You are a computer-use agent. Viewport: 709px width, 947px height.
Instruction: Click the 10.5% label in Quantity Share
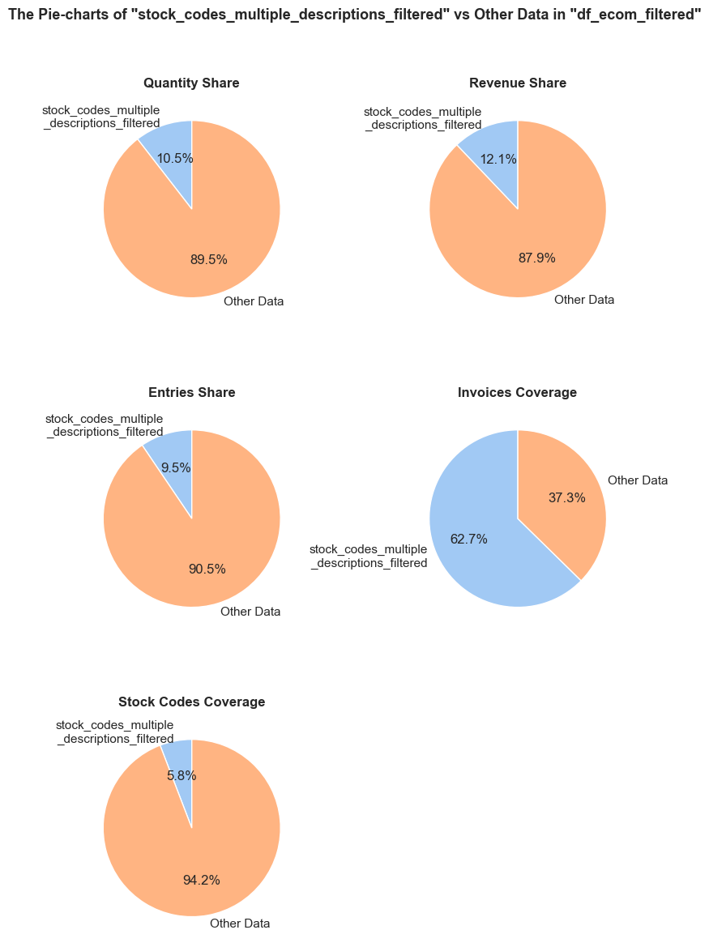[x=175, y=159]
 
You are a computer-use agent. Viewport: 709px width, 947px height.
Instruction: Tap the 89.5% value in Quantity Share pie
[x=209, y=260]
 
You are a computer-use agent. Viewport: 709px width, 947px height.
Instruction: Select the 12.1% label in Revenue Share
[x=498, y=160]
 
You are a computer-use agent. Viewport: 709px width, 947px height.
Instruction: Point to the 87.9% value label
[x=537, y=258]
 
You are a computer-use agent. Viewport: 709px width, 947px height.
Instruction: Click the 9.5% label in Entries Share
[x=176, y=467]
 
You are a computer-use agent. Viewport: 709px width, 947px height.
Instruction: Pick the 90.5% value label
[x=207, y=569]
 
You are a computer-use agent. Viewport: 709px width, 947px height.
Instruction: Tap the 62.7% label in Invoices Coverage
[x=468, y=540]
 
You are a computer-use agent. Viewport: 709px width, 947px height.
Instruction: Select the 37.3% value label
[x=567, y=497]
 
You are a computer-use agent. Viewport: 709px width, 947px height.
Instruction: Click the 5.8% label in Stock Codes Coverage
[x=182, y=776]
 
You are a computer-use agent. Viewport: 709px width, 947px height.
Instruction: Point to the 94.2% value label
[x=202, y=881]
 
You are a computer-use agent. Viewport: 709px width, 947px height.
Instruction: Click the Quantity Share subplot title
[x=191, y=83]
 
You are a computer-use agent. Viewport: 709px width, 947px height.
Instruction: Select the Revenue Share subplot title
[x=518, y=83]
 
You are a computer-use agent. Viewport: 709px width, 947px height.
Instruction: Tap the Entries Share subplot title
[x=192, y=393]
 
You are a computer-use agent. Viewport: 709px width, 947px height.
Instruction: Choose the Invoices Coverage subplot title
[x=518, y=393]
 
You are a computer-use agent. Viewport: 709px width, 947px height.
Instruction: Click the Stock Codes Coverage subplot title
[x=192, y=702]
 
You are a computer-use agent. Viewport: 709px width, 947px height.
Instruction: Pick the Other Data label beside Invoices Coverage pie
[x=638, y=480]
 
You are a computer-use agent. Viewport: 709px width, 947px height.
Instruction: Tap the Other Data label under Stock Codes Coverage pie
[x=240, y=924]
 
